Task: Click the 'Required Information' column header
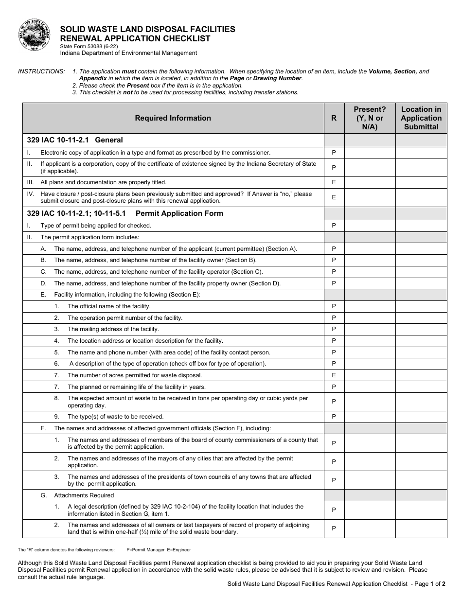tap(173, 118)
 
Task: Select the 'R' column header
tap(334, 118)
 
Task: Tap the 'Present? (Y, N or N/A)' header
tap(370, 118)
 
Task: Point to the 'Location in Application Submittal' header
tap(421, 118)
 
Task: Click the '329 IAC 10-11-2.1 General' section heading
tap(75, 140)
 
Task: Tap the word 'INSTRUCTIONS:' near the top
tap(41, 71)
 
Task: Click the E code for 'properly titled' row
tap(334, 182)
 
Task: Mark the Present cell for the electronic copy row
tap(370, 153)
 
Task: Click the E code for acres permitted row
tap(334, 375)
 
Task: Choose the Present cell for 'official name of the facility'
tap(370, 306)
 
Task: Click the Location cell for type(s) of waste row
tap(421, 417)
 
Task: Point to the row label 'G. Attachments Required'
tap(77, 495)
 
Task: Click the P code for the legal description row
tap(334, 510)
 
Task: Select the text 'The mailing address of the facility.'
tap(113, 329)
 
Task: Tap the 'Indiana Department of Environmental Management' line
tap(128, 53)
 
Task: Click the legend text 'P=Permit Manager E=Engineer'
tap(159, 550)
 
